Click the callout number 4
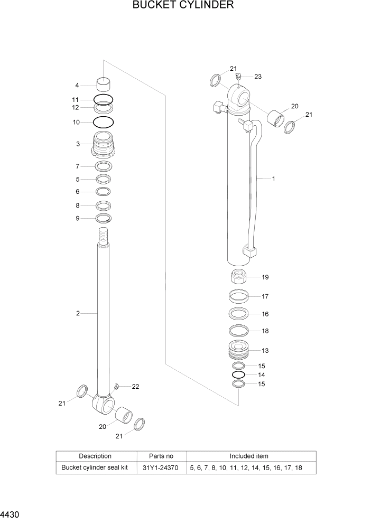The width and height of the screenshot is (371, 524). pyautogui.click(x=77, y=85)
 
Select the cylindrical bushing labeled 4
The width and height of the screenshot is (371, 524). pyautogui.click(x=104, y=83)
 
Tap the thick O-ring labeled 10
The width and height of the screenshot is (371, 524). pyautogui.click(x=104, y=122)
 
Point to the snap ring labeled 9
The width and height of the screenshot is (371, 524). pyautogui.click(x=104, y=218)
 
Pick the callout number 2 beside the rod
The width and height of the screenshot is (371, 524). pyautogui.click(x=78, y=313)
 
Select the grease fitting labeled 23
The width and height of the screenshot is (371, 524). pyautogui.click(x=239, y=77)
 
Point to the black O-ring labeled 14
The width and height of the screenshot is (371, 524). pyautogui.click(x=239, y=375)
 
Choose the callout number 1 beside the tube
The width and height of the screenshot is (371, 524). pyautogui.click(x=273, y=179)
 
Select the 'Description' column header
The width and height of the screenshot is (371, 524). pyautogui.click(x=95, y=456)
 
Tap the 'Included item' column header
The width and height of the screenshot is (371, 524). pyautogui.click(x=249, y=456)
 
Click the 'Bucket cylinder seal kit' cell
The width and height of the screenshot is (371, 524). pyautogui.click(x=95, y=467)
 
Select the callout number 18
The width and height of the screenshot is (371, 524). pyautogui.click(x=265, y=331)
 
